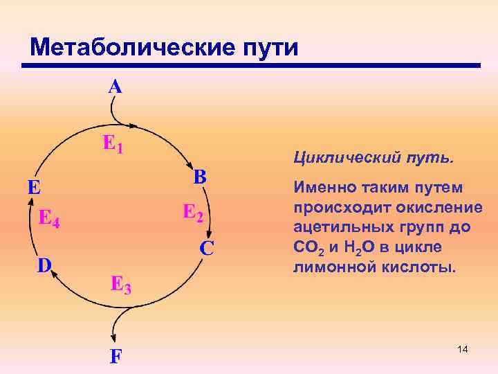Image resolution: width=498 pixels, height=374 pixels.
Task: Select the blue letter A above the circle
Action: coord(115,87)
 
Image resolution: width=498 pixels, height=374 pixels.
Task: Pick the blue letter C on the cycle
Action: coord(207,247)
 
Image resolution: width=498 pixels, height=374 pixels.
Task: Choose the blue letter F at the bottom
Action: coord(116,357)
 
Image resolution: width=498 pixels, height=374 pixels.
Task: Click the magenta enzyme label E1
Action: coord(113,143)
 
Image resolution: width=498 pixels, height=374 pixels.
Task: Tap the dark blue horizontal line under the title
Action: coord(250,66)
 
